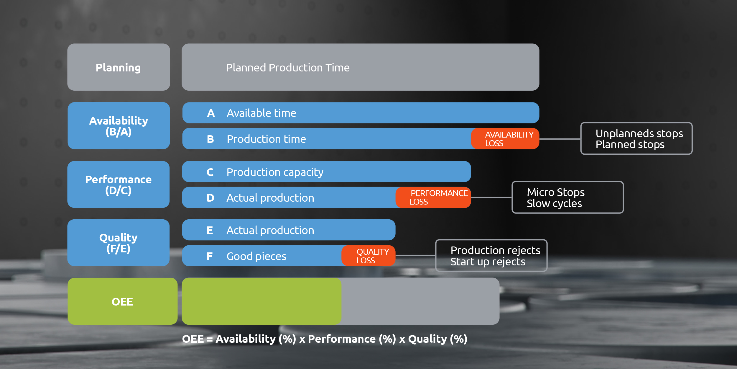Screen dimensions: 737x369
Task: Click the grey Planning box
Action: coord(119,67)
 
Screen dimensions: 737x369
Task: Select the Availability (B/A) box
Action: coord(119,126)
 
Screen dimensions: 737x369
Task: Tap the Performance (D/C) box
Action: coord(119,184)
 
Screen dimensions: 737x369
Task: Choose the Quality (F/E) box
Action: coord(119,243)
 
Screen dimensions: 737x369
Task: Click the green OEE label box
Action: coord(122,301)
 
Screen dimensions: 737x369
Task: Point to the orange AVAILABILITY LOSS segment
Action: coord(505,138)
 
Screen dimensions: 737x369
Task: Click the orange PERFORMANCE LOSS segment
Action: coord(433,197)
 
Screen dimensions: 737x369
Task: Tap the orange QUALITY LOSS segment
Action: coord(368,256)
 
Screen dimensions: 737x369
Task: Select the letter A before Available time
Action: coord(211,113)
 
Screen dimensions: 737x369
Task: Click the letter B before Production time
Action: coord(210,139)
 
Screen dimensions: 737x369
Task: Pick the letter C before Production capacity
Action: coord(210,172)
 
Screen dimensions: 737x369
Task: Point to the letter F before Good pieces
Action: coord(210,256)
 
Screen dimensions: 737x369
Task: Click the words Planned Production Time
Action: coord(288,68)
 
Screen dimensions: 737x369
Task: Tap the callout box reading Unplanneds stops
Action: coord(636,138)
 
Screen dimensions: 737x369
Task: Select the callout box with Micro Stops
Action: coord(568,197)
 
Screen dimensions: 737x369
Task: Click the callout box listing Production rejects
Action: coord(491,256)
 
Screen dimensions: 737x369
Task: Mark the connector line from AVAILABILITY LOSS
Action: coord(560,139)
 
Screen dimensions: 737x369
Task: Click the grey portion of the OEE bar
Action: coord(420,301)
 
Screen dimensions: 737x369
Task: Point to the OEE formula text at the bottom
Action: coord(325,339)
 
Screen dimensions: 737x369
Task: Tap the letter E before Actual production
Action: coord(210,230)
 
